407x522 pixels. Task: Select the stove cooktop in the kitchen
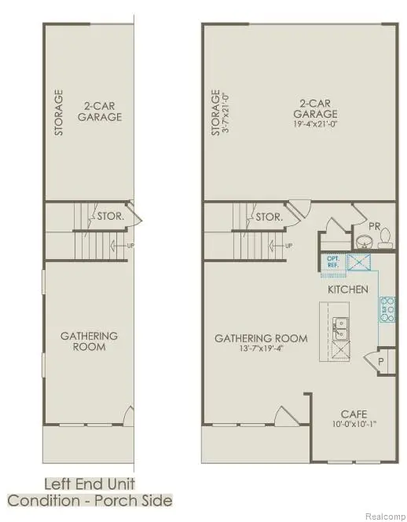[x=387, y=311]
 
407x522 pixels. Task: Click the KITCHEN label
[x=348, y=290]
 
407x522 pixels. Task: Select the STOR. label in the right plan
[x=269, y=216]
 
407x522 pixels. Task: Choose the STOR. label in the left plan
[x=108, y=216]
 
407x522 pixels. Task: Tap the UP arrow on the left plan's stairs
[x=119, y=246]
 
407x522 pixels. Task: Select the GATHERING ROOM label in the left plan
[x=89, y=341]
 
